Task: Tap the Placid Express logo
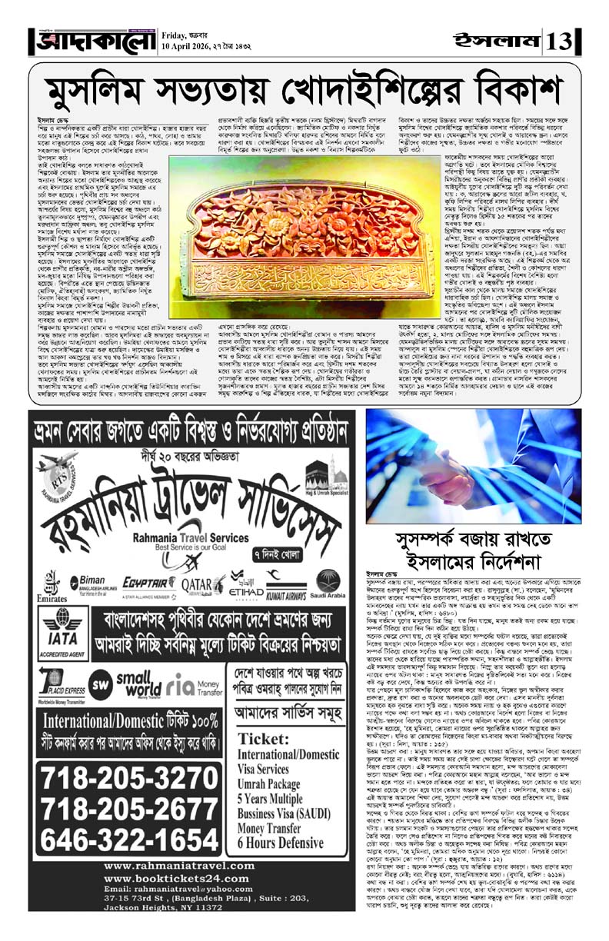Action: tap(55, 680)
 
